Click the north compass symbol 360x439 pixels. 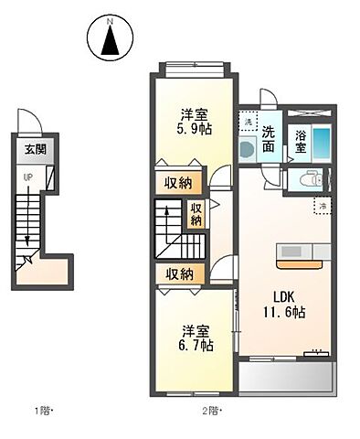click(110, 38)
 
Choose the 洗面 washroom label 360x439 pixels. click(269, 139)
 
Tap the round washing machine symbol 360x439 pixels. click(247, 149)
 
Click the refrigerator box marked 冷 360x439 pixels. click(322, 207)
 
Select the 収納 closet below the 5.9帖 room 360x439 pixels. click(179, 183)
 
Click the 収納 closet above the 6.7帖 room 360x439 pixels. click(179, 273)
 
